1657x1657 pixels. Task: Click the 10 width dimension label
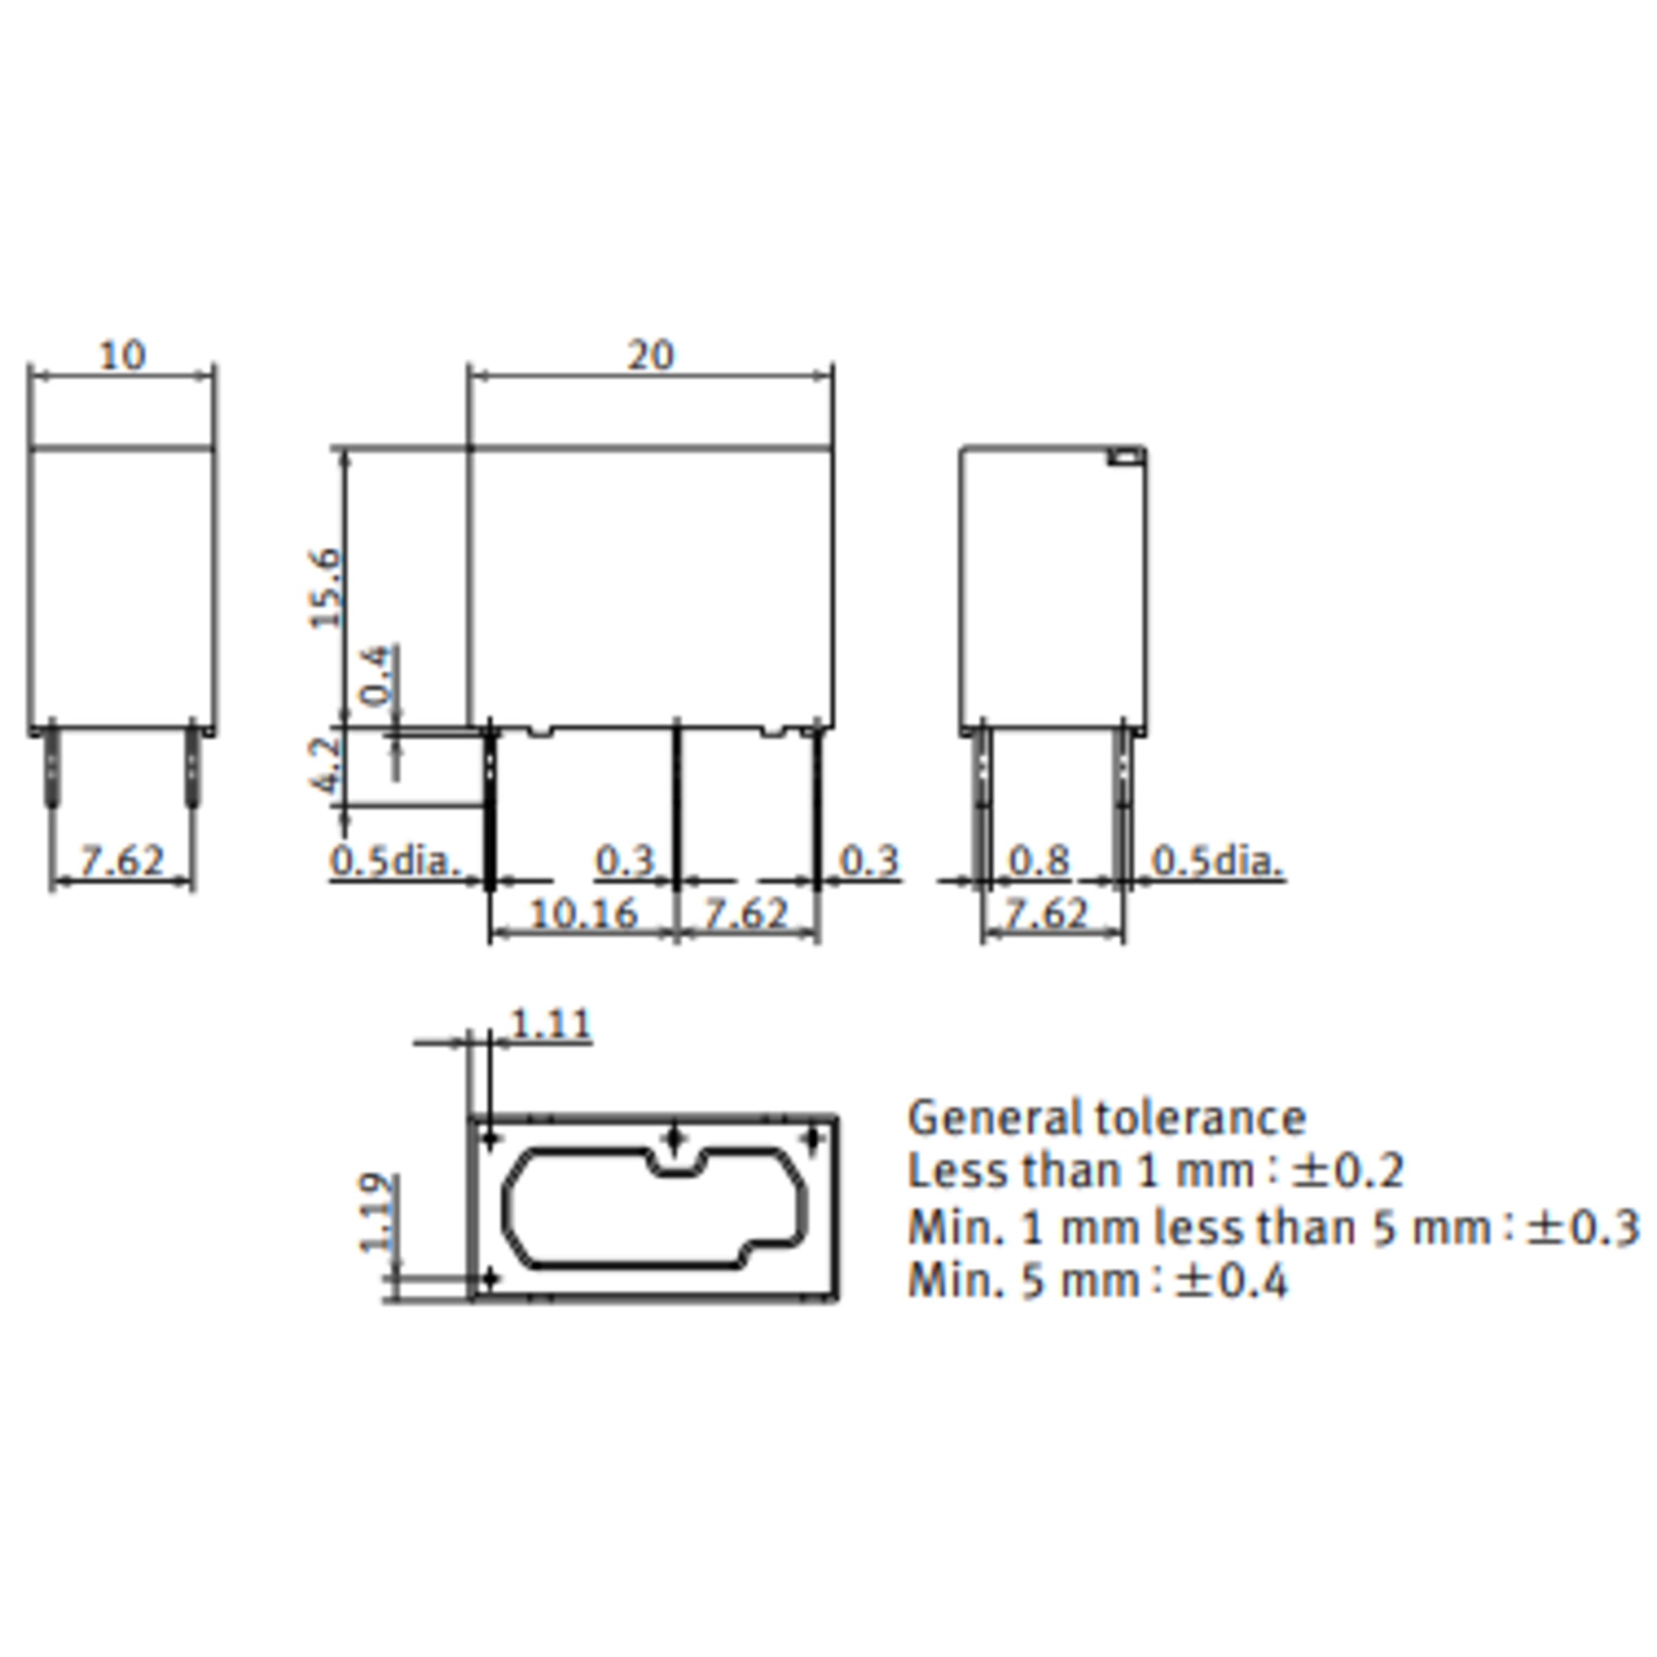pyautogui.click(x=123, y=354)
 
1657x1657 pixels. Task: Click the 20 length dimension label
pyautogui.click(x=651, y=354)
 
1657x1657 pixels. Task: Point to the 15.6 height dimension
pyautogui.click(x=327, y=588)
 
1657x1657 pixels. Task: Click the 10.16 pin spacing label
pyautogui.click(x=584, y=913)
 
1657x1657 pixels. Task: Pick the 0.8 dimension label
pyautogui.click(x=1038, y=860)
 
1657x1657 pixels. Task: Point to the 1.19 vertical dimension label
pyautogui.click(x=378, y=1213)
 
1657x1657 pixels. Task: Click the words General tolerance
pyautogui.click(x=1106, y=1118)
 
